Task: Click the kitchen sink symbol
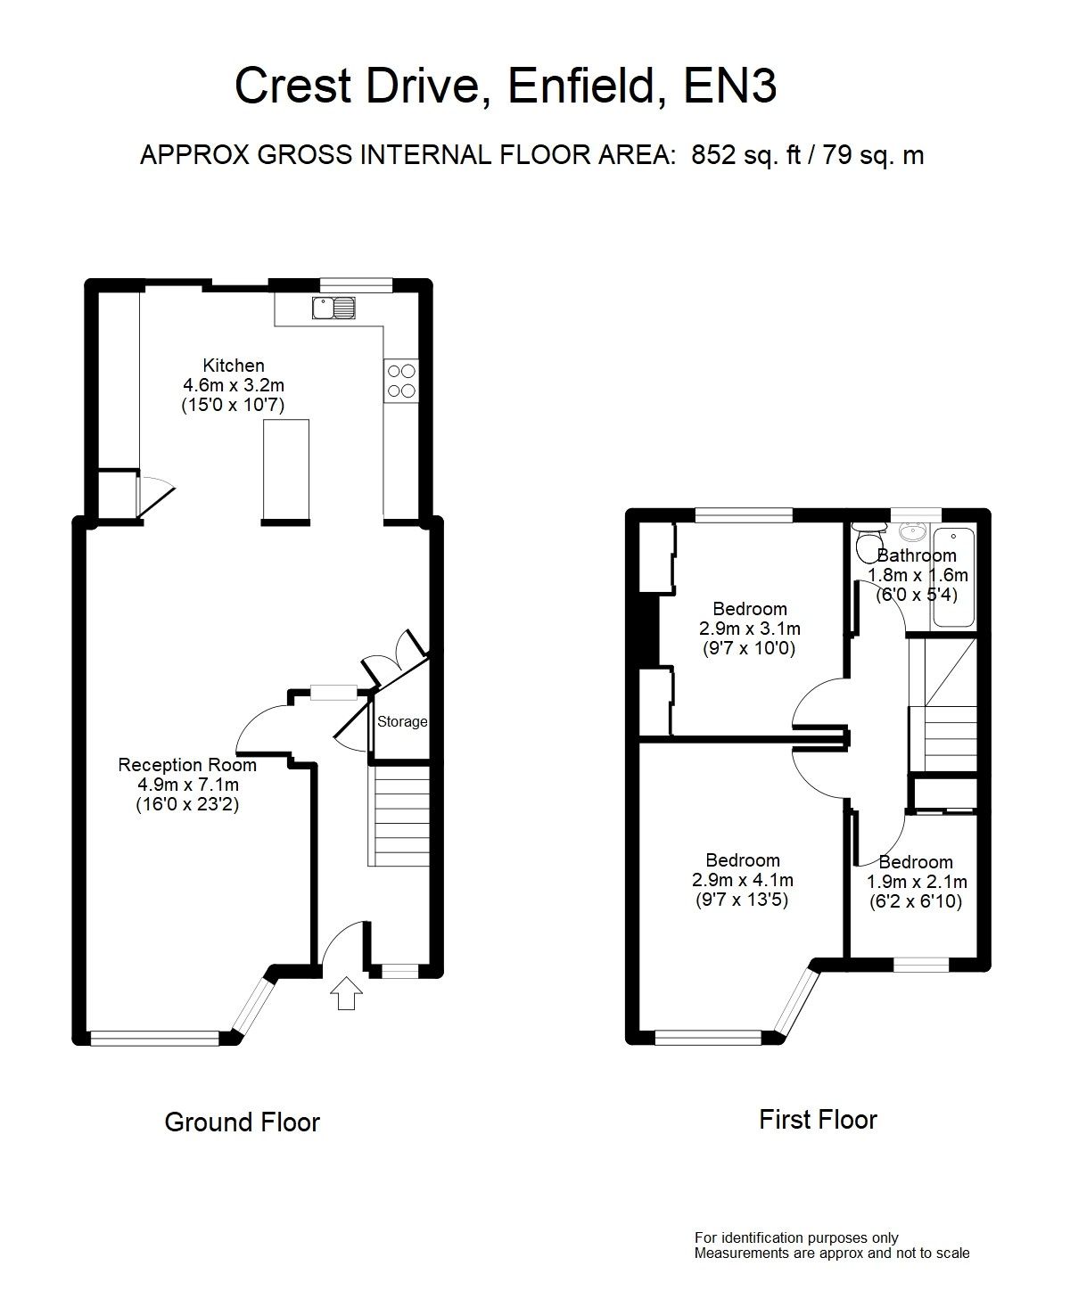point(333,308)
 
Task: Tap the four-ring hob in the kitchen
point(401,381)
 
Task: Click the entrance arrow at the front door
point(346,993)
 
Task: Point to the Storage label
point(401,722)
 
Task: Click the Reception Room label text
point(187,765)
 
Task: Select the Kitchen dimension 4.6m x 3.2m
point(234,385)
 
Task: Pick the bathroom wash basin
point(910,532)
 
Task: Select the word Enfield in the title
point(584,86)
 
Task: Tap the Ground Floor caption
point(242,1122)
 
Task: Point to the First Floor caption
point(818,1119)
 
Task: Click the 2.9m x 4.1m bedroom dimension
point(743,880)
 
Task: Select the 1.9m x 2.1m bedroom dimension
point(916,882)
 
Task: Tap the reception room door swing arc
point(259,724)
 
